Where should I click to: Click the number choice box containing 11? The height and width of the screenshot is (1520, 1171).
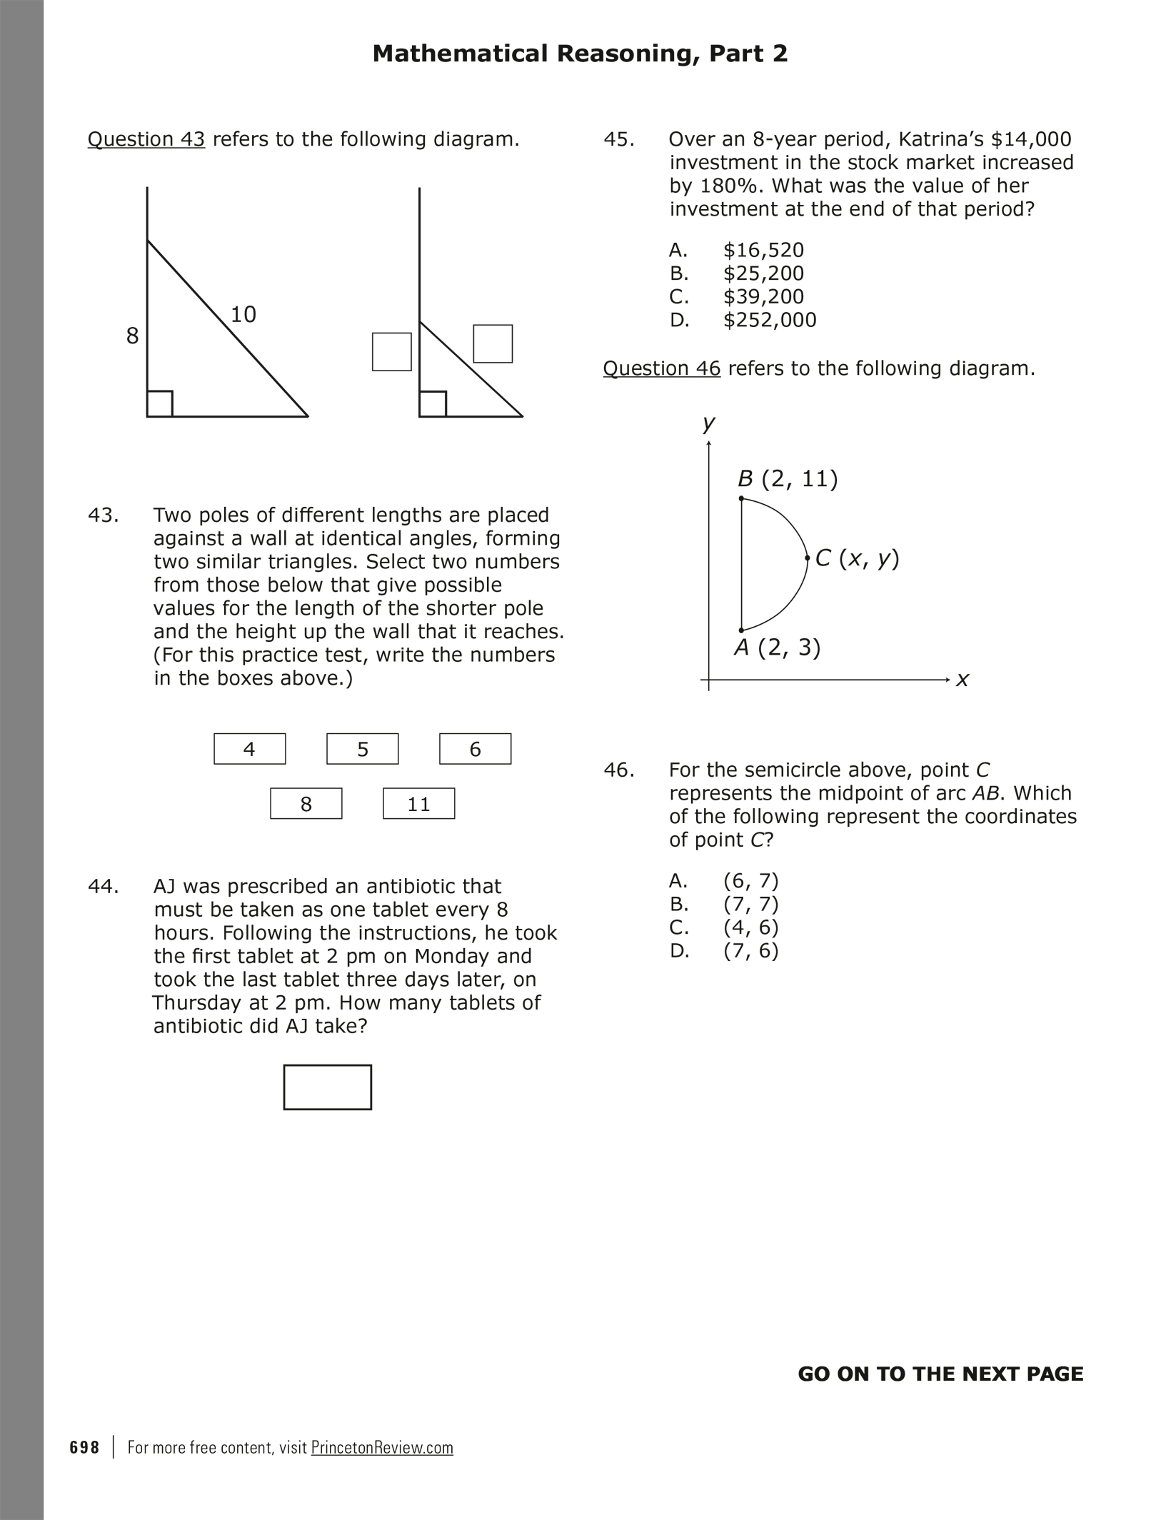click(418, 803)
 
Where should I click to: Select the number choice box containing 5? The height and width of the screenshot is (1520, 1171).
click(362, 749)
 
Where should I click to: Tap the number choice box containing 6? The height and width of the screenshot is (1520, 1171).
click(475, 749)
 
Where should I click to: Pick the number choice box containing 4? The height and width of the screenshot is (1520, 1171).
click(249, 749)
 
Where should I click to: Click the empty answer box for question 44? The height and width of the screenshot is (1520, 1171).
click(327, 1087)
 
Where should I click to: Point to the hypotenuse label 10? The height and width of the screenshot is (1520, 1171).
click(243, 314)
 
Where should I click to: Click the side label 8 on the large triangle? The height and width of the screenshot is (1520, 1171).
click(132, 336)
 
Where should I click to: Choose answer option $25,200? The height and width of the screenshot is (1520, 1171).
click(763, 273)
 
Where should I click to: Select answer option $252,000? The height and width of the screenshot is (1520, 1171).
click(770, 320)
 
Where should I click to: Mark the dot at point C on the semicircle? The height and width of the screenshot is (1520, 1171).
click(807, 558)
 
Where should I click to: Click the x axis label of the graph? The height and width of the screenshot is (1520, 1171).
click(963, 680)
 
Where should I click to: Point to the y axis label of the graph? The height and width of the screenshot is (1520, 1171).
click(708, 423)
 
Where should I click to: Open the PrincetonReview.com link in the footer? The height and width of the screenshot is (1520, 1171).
click(382, 1448)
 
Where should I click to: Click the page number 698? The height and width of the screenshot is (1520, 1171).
click(85, 1448)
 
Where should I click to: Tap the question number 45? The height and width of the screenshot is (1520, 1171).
click(618, 139)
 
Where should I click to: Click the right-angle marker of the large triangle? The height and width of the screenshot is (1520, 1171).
click(160, 403)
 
